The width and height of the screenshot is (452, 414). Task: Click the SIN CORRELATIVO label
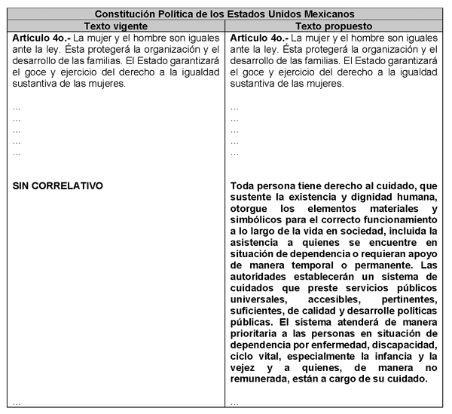click(57, 185)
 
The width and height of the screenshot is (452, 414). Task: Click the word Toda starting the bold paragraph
click(244, 185)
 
